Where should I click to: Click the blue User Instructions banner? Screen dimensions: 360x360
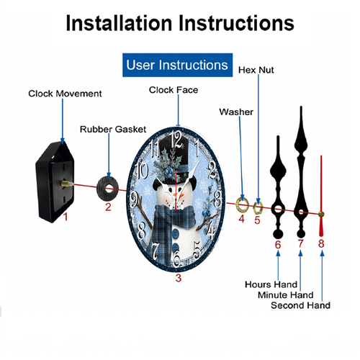click(x=177, y=65)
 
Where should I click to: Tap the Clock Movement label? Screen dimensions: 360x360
click(x=65, y=94)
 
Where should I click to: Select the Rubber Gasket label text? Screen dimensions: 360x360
click(x=113, y=129)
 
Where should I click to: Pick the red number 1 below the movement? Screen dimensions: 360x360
click(x=66, y=217)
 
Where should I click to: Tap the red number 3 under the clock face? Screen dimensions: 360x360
click(x=179, y=278)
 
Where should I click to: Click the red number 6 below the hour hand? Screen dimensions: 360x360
click(x=278, y=245)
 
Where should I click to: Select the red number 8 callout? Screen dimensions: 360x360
click(x=321, y=243)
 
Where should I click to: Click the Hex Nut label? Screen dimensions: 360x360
click(x=256, y=70)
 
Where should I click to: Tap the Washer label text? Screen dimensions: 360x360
click(x=236, y=112)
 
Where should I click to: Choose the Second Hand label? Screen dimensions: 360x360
click(x=300, y=305)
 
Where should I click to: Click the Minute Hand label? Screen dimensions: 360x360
click(x=286, y=294)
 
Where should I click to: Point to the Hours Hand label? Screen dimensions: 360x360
click(x=271, y=284)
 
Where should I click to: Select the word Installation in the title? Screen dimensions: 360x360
click(x=119, y=23)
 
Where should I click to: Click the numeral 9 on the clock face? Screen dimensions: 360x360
click(x=134, y=199)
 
